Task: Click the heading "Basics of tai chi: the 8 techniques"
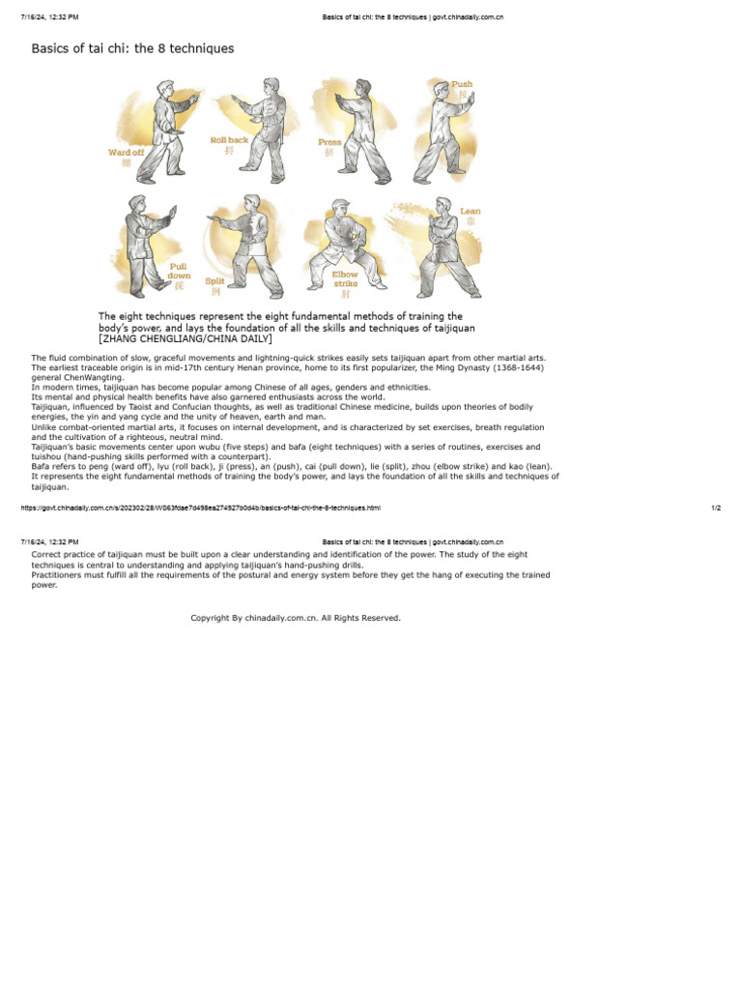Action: (x=132, y=48)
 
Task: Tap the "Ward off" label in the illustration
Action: (x=127, y=153)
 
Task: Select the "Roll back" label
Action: (x=229, y=141)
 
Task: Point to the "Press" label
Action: (x=329, y=143)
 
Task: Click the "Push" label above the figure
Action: (x=462, y=85)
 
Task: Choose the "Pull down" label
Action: (x=180, y=271)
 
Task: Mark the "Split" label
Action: (x=214, y=281)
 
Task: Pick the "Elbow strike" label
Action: (x=345, y=279)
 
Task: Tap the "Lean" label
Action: (x=471, y=211)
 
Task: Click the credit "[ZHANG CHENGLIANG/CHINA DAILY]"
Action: (x=185, y=339)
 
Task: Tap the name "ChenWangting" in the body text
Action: (x=86, y=377)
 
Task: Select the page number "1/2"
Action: (x=716, y=508)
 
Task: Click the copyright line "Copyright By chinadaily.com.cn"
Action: (x=296, y=618)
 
